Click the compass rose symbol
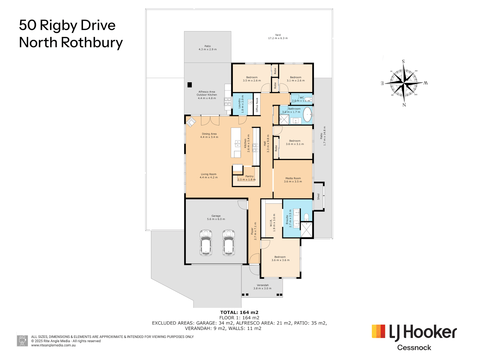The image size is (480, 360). (404, 82)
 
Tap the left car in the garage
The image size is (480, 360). (206, 242)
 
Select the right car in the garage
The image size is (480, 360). (228, 242)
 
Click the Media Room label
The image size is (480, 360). (293, 180)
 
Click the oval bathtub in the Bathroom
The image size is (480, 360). (307, 114)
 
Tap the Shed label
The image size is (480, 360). (318, 197)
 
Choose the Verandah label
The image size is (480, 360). (263, 287)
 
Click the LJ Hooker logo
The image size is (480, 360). (414, 333)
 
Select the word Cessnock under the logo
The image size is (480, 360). (414, 348)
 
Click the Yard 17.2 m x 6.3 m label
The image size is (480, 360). (278, 37)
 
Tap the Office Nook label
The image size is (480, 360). (257, 105)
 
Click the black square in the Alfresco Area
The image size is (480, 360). (190, 85)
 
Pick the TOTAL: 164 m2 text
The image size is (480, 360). (239, 312)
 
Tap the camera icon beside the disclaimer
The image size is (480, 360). (23, 341)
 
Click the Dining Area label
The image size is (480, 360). (209, 135)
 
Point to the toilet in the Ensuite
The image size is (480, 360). (306, 218)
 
